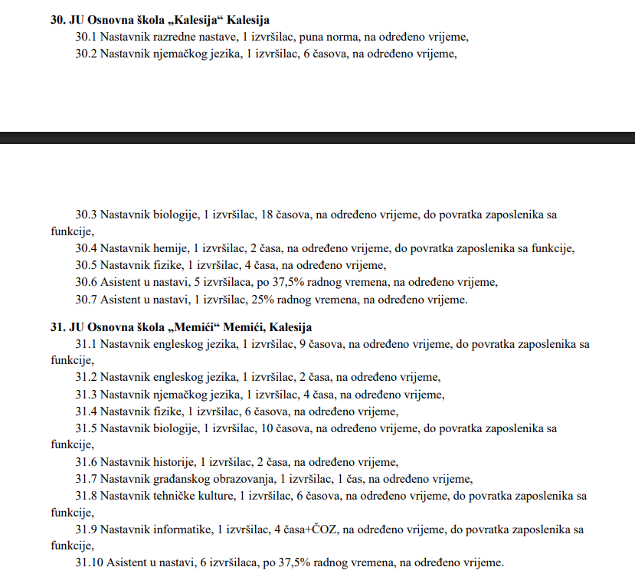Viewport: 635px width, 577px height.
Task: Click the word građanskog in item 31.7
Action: pyautogui.click(x=180, y=479)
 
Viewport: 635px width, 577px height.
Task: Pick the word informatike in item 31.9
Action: pyautogui.click(x=178, y=529)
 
